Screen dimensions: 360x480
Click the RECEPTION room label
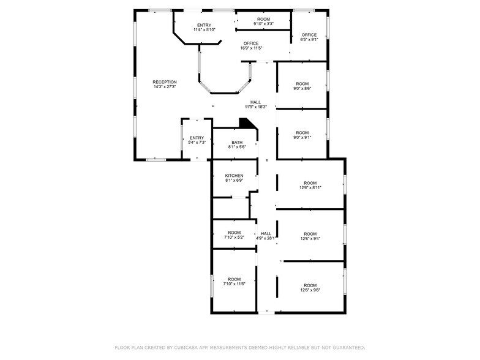pyautogui.click(x=165, y=82)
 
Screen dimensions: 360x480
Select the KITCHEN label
pyautogui.click(x=234, y=176)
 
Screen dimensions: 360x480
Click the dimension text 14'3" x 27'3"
pyautogui.click(x=165, y=87)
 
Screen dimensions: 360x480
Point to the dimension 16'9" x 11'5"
pyautogui.click(x=251, y=48)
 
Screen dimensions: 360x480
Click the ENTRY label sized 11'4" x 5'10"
pyautogui.click(x=204, y=25)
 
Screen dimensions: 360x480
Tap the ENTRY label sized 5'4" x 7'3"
pyautogui.click(x=197, y=138)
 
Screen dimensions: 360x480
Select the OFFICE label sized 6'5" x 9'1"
pyautogui.click(x=309, y=35)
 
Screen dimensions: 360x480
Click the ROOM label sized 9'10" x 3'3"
pyautogui.click(x=264, y=19)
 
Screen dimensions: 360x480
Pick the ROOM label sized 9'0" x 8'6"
pyautogui.click(x=302, y=83)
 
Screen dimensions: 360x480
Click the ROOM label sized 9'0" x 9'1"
pyautogui.click(x=302, y=133)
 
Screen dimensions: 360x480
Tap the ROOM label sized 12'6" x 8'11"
pyautogui.click(x=310, y=183)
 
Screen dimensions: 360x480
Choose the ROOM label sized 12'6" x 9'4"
pyautogui.click(x=310, y=234)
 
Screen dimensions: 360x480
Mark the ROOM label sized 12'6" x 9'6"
pyautogui.click(x=310, y=285)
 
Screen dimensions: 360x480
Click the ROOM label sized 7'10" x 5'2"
pyautogui.click(x=234, y=233)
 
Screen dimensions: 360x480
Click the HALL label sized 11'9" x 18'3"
pyautogui.click(x=255, y=102)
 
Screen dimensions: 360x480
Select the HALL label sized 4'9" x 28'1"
pyautogui.click(x=266, y=233)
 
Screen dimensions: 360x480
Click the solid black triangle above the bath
pyautogui.click(x=247, y=124)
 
